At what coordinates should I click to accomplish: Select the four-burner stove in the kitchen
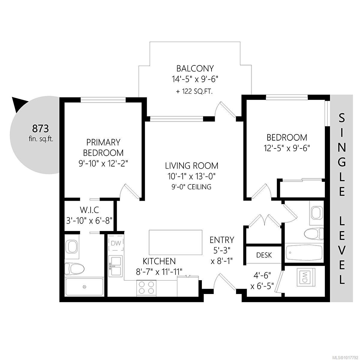point(147,287)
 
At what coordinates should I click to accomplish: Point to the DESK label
point(264,255)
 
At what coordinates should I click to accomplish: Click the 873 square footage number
point(40,129)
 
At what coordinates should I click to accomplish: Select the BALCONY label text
point(195,69)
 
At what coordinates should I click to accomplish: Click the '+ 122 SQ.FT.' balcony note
point(194,91)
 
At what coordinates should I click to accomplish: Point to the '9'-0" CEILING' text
point(191,187)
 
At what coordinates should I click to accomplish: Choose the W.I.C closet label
point(89,210)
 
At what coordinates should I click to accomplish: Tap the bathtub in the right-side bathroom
point(304,253)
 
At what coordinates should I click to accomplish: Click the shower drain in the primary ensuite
point(84,286)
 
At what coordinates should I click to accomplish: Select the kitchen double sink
point(115,265)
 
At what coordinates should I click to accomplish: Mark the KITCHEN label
point(159,261)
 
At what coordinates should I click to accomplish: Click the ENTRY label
point(222,240)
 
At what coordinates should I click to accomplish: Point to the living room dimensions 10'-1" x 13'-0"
point(191,176)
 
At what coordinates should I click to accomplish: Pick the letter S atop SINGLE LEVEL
point(342,118)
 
